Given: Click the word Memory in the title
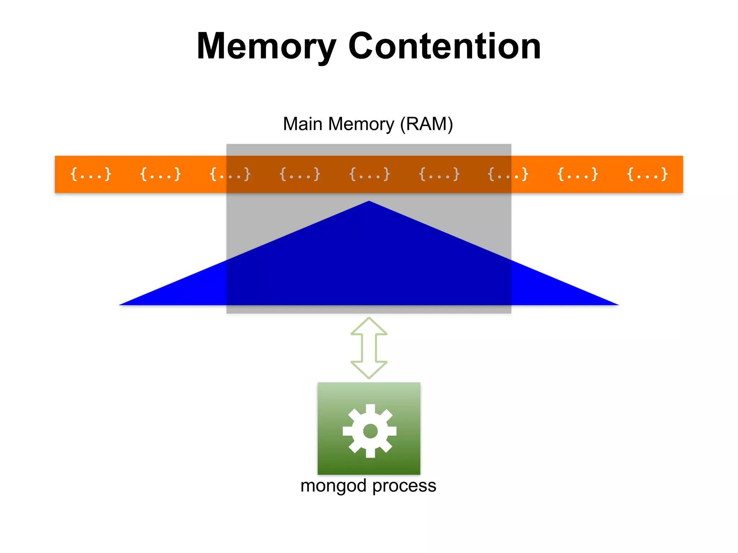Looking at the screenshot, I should (x=266, y=47).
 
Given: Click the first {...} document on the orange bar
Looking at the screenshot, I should (x=90, y=174).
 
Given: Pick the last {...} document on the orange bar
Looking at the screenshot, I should (x=647, y=174).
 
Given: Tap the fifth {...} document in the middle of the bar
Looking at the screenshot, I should (x=369, y=174).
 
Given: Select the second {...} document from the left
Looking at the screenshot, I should (x=160, y=174).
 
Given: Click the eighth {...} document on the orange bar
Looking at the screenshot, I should (x=577, y=174).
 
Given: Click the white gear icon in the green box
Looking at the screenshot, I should (x=370, y=431).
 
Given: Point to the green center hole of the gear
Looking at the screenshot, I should (x=370, y=431).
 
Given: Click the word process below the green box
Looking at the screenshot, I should (x=404, y=486).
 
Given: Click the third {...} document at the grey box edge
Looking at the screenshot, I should (x=230, y=174).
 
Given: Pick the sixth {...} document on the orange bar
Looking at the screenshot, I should (x=439, y=174).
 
